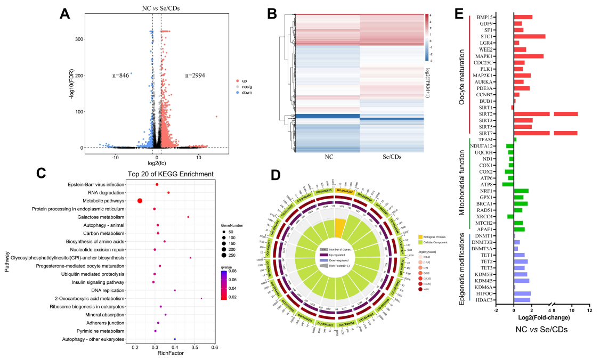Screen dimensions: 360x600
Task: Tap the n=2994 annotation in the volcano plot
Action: point(196,76)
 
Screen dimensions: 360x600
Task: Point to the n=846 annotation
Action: point(122,76)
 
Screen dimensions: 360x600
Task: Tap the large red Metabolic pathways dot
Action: point(140,201)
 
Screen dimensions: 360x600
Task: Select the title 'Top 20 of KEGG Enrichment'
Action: point(171,174)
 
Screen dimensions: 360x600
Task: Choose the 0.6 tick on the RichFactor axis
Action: point(214,347)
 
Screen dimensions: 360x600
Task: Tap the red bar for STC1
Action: point(529,36)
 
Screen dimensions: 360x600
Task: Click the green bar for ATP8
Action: point(507,184)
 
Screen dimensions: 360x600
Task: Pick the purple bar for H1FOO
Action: point(522,293)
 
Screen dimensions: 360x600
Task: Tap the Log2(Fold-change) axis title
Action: point(541,317)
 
